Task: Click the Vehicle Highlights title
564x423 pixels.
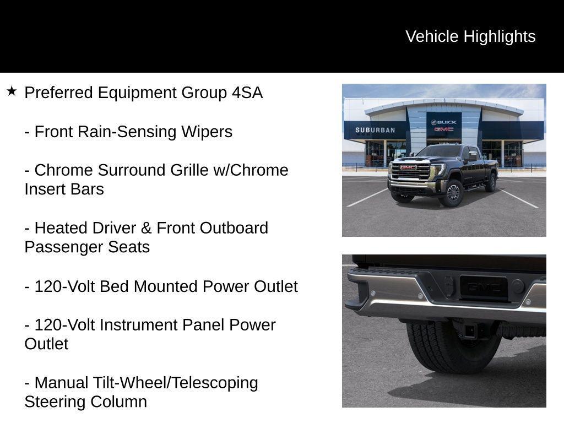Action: coord(470,36)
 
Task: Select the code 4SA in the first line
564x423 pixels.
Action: coord(247,93)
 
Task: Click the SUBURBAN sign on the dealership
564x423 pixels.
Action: coord(375,131)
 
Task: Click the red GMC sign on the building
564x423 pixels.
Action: coord(444,129)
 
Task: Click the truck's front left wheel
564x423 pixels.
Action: coord(453,192)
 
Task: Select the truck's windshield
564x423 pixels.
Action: coord(440,151)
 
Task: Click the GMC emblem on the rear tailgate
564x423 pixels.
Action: coord(484,287)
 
